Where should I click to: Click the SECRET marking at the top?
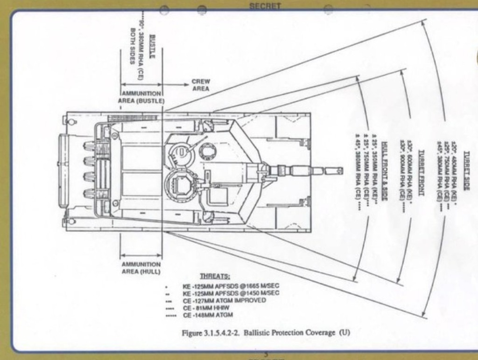click(x=265, y=6)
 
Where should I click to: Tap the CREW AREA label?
click(x=201, y=85)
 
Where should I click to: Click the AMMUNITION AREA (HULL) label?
click(x=141, y=268)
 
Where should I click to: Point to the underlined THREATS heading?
click(x=215, y=276)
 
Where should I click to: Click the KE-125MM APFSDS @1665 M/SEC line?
click(x=231, y=286)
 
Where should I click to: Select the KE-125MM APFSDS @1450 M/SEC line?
click(x=231, y=293)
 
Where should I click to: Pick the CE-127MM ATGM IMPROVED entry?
click(x=224, y=300)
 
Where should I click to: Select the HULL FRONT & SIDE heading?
click(x=384, y=171)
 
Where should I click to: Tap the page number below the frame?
click(x=266, y=354)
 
